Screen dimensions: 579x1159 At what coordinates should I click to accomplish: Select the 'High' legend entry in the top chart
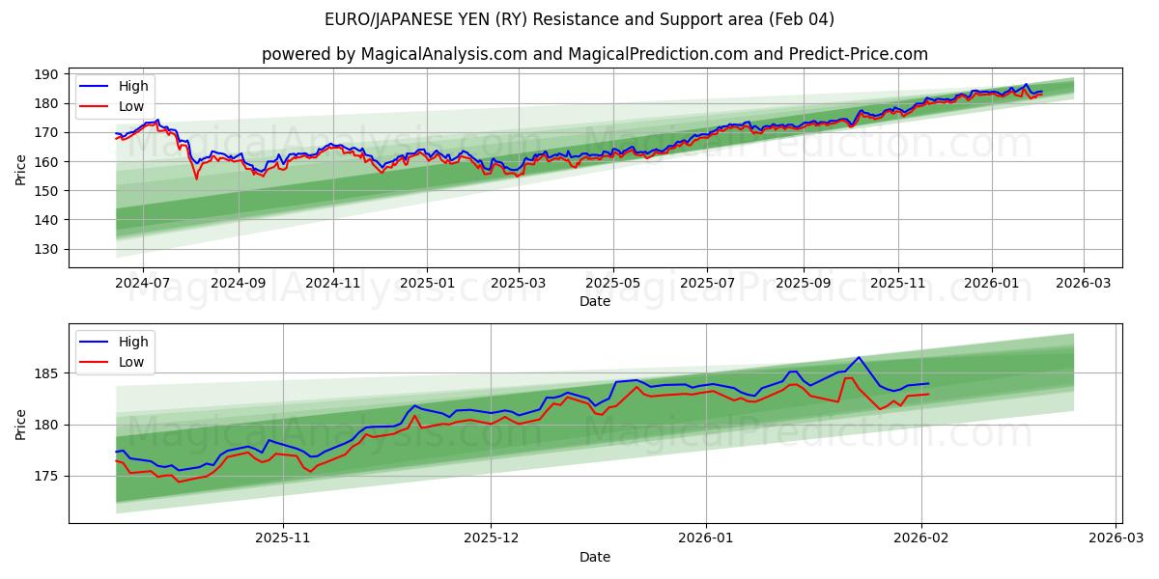[132, 86]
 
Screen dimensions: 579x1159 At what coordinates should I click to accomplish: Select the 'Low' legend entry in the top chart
[131, 105]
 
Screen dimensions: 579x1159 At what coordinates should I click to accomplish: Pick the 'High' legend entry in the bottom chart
[132, 342]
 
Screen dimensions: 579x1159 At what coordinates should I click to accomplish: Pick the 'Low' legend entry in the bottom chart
[131, 362]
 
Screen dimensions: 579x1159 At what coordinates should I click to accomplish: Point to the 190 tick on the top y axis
[46, 74]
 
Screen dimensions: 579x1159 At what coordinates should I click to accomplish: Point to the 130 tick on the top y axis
[46, 249]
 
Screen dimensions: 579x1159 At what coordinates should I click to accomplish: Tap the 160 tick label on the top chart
[46, 162]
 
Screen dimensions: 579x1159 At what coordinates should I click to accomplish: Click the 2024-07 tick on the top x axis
[143, 284]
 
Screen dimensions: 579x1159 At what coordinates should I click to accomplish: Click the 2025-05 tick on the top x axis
[613, 284]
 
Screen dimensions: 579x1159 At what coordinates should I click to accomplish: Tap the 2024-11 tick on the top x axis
[333, 284]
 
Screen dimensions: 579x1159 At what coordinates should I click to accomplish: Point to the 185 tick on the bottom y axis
[46, 373]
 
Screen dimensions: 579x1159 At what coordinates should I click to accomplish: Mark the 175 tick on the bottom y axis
[46, 477]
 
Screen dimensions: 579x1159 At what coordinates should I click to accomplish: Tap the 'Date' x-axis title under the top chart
[594, 301]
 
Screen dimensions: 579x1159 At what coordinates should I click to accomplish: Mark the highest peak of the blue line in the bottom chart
[858, 357]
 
